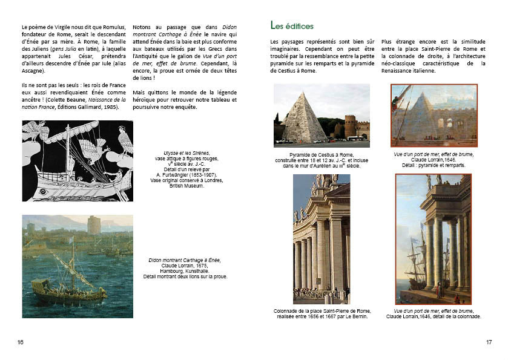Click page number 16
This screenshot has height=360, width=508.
(21, 342)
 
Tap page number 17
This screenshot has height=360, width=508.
(489, 342)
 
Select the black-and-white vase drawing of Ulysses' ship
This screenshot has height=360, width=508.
(77, 161)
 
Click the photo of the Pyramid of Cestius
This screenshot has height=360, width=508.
(321, 116)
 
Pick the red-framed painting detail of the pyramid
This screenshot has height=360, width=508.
(434, 116)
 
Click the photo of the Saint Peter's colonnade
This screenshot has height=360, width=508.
(321, 239)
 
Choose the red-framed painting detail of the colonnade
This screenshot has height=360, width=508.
(433, 239)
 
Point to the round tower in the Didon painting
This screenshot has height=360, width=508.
(94, 225)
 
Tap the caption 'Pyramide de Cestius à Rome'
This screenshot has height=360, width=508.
(321, 155)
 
